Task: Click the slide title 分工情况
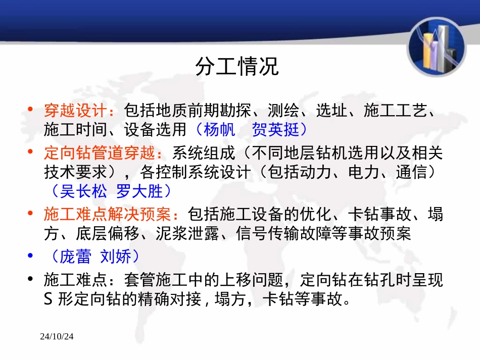click(237, 67)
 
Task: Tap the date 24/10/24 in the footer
click(57, 336)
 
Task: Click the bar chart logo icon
click(437, 49)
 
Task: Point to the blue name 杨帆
click(219, 130)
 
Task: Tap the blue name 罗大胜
click(140, 191)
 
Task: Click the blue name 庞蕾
click(75, 256)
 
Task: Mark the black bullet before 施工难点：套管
click(31, 280)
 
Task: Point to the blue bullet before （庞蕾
click(31, 256)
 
